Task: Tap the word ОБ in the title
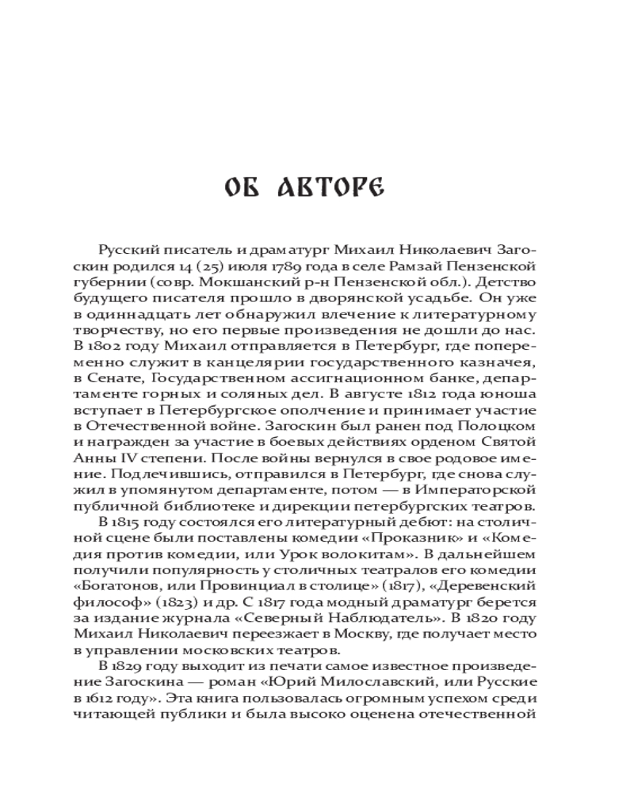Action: coord(246,188)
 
